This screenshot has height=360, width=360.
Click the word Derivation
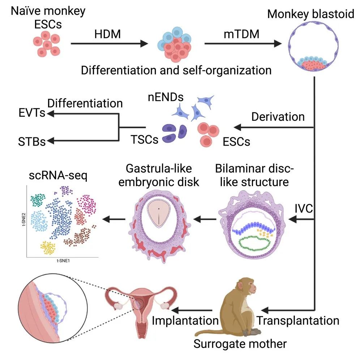[x=278, y=116]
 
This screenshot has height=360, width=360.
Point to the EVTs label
[x=32, y=113]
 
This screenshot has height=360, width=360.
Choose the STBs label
[x=32, y=141]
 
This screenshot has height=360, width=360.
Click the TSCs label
[x=145, y=139]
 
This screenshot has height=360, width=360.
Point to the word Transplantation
[x=299, y=320]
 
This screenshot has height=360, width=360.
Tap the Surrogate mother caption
[x=240, y=343]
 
